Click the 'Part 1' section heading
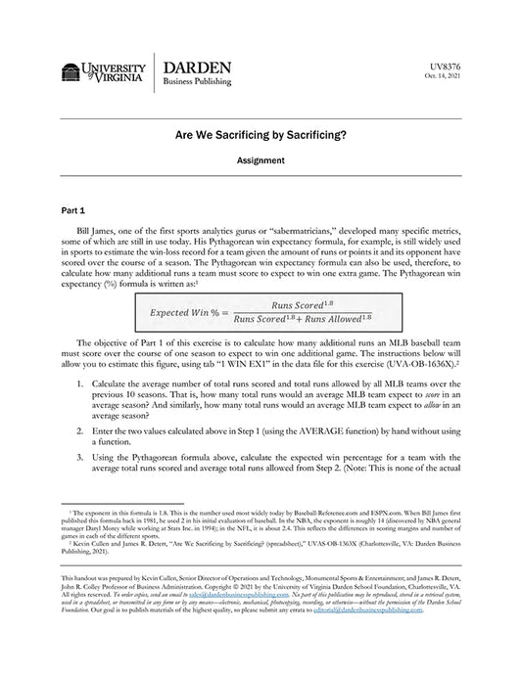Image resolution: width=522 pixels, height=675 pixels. pos(73,210)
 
